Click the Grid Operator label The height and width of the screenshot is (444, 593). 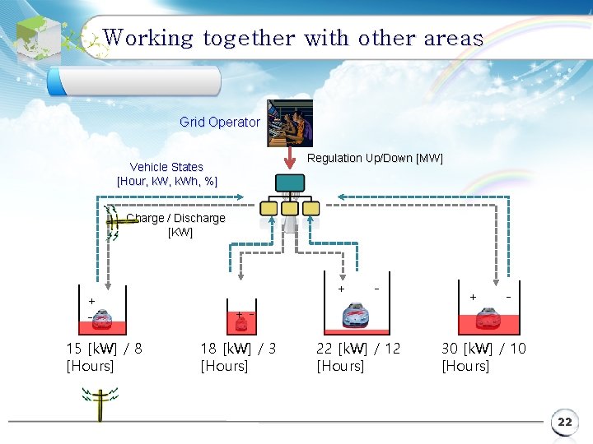click(220, 123)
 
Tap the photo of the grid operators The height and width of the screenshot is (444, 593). click(290, 123)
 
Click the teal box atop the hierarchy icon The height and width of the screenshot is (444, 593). click(290, 183)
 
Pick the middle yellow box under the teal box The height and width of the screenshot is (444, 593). click(290, 209)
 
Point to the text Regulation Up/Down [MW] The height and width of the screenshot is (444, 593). click(375, 158)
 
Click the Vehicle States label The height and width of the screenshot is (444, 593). click(166, 167)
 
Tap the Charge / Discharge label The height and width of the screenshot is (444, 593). click(175, 219)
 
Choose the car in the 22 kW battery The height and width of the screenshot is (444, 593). click(355, 314)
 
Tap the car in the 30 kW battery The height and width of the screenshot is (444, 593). click(488, 317)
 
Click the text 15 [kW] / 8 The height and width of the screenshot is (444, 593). click(104, 349)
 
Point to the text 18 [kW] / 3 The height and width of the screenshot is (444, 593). click(238, 349)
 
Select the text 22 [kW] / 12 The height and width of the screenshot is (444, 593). click(358, 349)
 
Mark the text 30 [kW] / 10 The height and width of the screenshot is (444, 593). click(483, 349)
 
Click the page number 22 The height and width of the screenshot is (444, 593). click(564, 423)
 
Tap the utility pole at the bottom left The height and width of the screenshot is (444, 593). click(100, 405)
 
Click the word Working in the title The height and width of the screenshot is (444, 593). click(148, 38)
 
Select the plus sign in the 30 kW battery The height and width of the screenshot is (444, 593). click(473, 296)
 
